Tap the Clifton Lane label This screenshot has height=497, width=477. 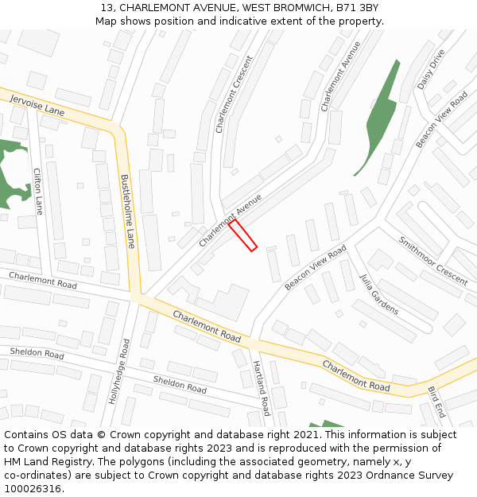click(38, 191)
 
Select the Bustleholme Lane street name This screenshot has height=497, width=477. click(126, 211)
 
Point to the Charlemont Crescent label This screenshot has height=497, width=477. click(234, 94)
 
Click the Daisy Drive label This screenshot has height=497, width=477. click(432, 70)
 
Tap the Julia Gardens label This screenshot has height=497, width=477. click(378, 294)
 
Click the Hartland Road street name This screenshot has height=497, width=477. click(262, 387)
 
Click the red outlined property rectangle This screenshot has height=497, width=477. click(243, 236)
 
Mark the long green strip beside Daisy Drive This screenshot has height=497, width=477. click(378, 118)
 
